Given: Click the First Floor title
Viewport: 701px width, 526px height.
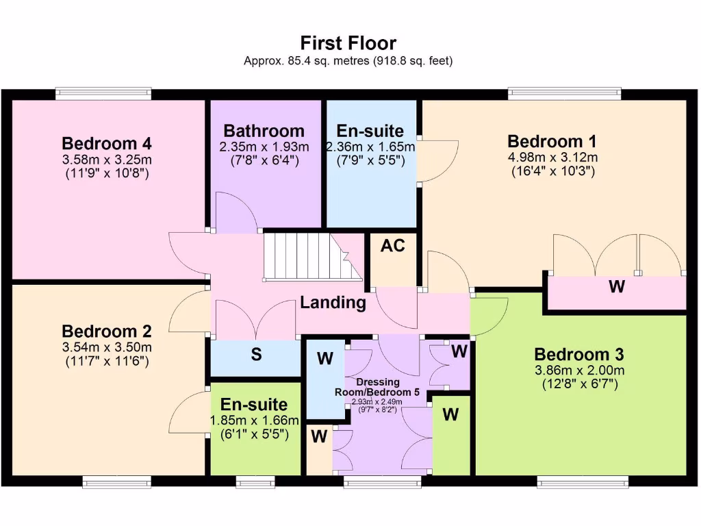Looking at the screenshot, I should coord(348,43).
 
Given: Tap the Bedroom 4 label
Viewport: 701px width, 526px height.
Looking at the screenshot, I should coord(106,144).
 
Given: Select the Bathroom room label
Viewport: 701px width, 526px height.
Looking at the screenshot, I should coord(264,131).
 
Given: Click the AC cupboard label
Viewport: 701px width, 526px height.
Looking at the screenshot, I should coord(393,246).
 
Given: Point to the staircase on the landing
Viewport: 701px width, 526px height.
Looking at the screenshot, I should coord(311,256).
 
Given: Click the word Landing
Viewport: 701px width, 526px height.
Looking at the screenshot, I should coord(333,303).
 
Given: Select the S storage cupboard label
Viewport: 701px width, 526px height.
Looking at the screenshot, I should coord(257,355).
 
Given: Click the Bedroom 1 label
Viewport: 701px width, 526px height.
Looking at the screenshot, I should coord(552,142).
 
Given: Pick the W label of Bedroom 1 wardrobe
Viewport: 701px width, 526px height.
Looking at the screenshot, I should coord(617,287).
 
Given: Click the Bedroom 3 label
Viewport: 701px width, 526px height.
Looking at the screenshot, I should coord(579,355).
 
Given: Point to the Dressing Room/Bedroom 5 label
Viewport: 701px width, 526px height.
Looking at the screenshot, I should coord(387,387).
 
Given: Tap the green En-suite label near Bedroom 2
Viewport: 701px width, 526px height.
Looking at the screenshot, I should coord(254,405).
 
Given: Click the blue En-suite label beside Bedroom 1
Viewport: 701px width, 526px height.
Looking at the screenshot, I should coord(370,131).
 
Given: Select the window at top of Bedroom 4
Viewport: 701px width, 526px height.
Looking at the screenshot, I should coord(103,93).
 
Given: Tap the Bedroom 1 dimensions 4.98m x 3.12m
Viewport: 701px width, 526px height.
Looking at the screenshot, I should coord(552,158).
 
